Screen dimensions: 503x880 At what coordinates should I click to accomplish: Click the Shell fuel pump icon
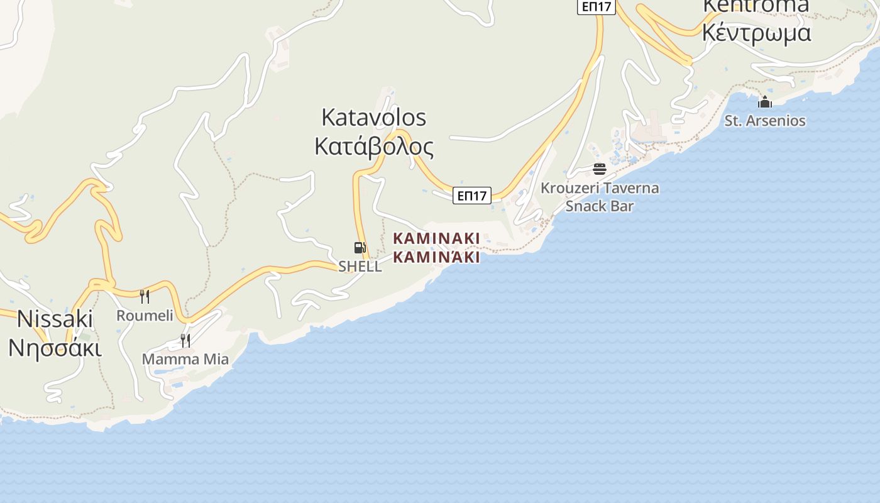360,248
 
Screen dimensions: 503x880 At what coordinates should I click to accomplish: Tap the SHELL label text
360,266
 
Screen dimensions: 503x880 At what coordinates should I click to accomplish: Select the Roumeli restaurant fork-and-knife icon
145,296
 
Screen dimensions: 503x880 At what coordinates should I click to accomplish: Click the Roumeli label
145,315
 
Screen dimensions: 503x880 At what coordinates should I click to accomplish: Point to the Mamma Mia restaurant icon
185,341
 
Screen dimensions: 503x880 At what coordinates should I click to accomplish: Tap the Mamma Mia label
185,359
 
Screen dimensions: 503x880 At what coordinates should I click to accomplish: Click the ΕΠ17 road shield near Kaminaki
471,196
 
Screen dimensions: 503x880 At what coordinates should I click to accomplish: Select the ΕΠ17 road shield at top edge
597,6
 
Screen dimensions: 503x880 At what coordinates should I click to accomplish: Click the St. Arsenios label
765,120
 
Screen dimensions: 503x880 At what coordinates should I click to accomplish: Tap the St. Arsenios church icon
765,102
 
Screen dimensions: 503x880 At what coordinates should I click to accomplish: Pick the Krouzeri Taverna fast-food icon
599,169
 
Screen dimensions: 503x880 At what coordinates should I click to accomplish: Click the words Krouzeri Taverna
600,188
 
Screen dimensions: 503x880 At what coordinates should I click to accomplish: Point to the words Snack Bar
600,206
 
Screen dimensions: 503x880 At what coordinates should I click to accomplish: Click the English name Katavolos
373,118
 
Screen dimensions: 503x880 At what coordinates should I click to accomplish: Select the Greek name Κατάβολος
373,146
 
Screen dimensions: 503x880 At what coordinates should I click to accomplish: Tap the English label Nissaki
55,319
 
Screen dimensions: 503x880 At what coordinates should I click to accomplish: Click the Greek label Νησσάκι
55,347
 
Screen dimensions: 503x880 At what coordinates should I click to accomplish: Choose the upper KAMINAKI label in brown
436,239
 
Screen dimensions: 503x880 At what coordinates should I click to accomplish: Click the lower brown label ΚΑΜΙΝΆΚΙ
436,257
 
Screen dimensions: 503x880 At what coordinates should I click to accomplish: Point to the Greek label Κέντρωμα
756,32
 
